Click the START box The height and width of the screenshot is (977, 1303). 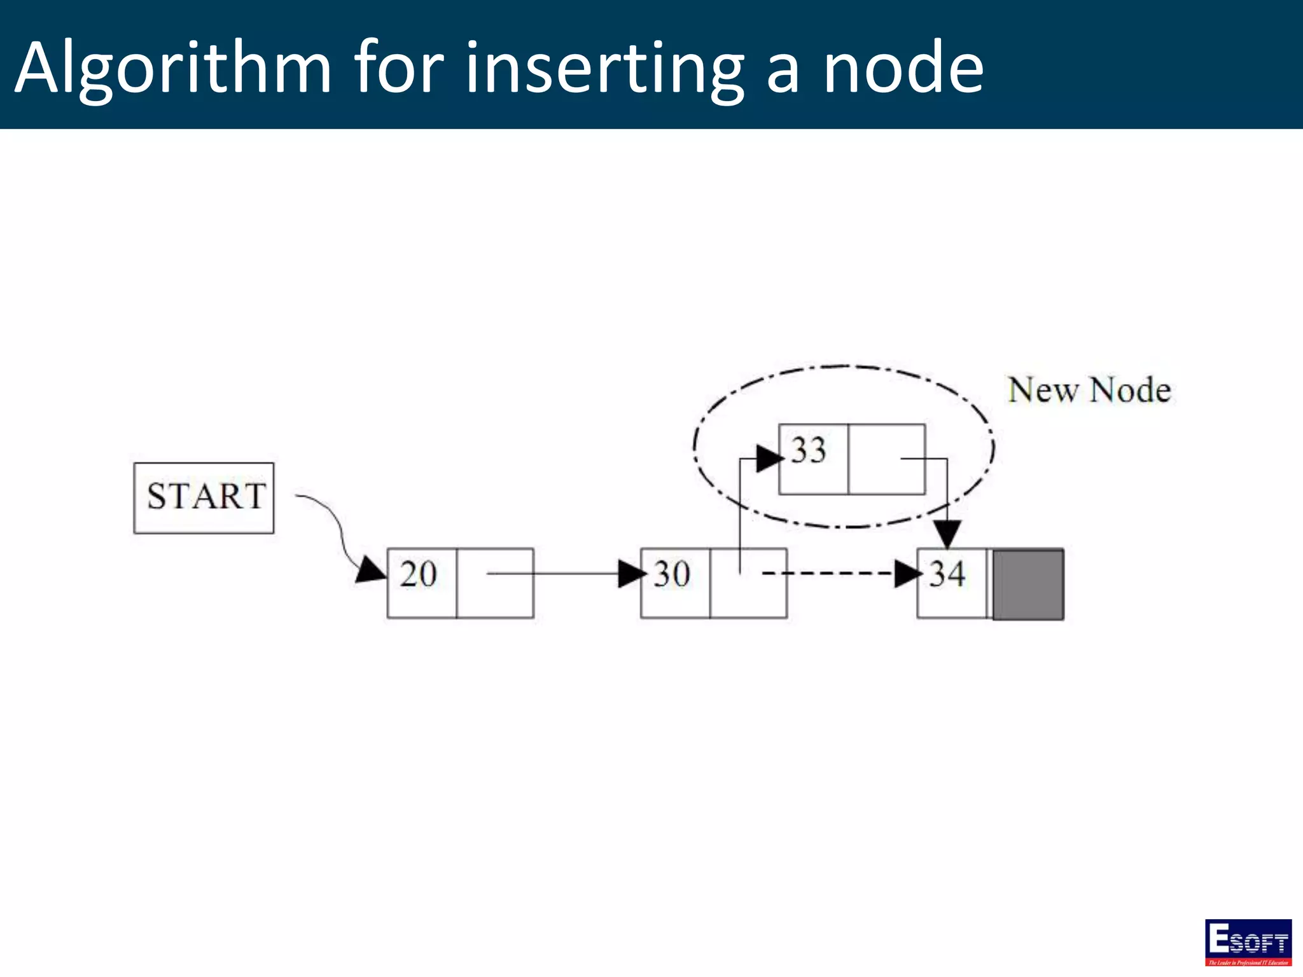[204, 497]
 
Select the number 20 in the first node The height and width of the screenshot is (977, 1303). [418, 574]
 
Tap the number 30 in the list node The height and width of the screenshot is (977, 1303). [672, 574]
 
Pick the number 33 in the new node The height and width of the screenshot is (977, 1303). [809, 450]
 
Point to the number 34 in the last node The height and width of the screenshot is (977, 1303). [947, 574]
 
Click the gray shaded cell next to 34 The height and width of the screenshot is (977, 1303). [1028, 584]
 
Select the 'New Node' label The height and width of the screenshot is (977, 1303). [1089, 390]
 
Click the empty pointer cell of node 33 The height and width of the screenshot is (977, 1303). [886, 459]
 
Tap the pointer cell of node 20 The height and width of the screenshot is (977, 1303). [495, 583]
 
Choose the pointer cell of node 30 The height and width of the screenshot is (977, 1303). [748, 583]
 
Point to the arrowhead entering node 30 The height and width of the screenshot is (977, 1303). [631, 574]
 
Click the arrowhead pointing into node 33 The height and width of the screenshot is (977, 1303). [769, 458]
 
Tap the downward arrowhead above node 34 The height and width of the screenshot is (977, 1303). [948, 533]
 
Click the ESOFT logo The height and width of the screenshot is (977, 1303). [1248, 942]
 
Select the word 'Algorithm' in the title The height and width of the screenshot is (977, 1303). [173, 67]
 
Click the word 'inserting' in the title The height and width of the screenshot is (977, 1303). [604, 67]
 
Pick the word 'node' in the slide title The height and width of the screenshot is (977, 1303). [903, 67]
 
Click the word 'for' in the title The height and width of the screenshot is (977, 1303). [398, 67]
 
